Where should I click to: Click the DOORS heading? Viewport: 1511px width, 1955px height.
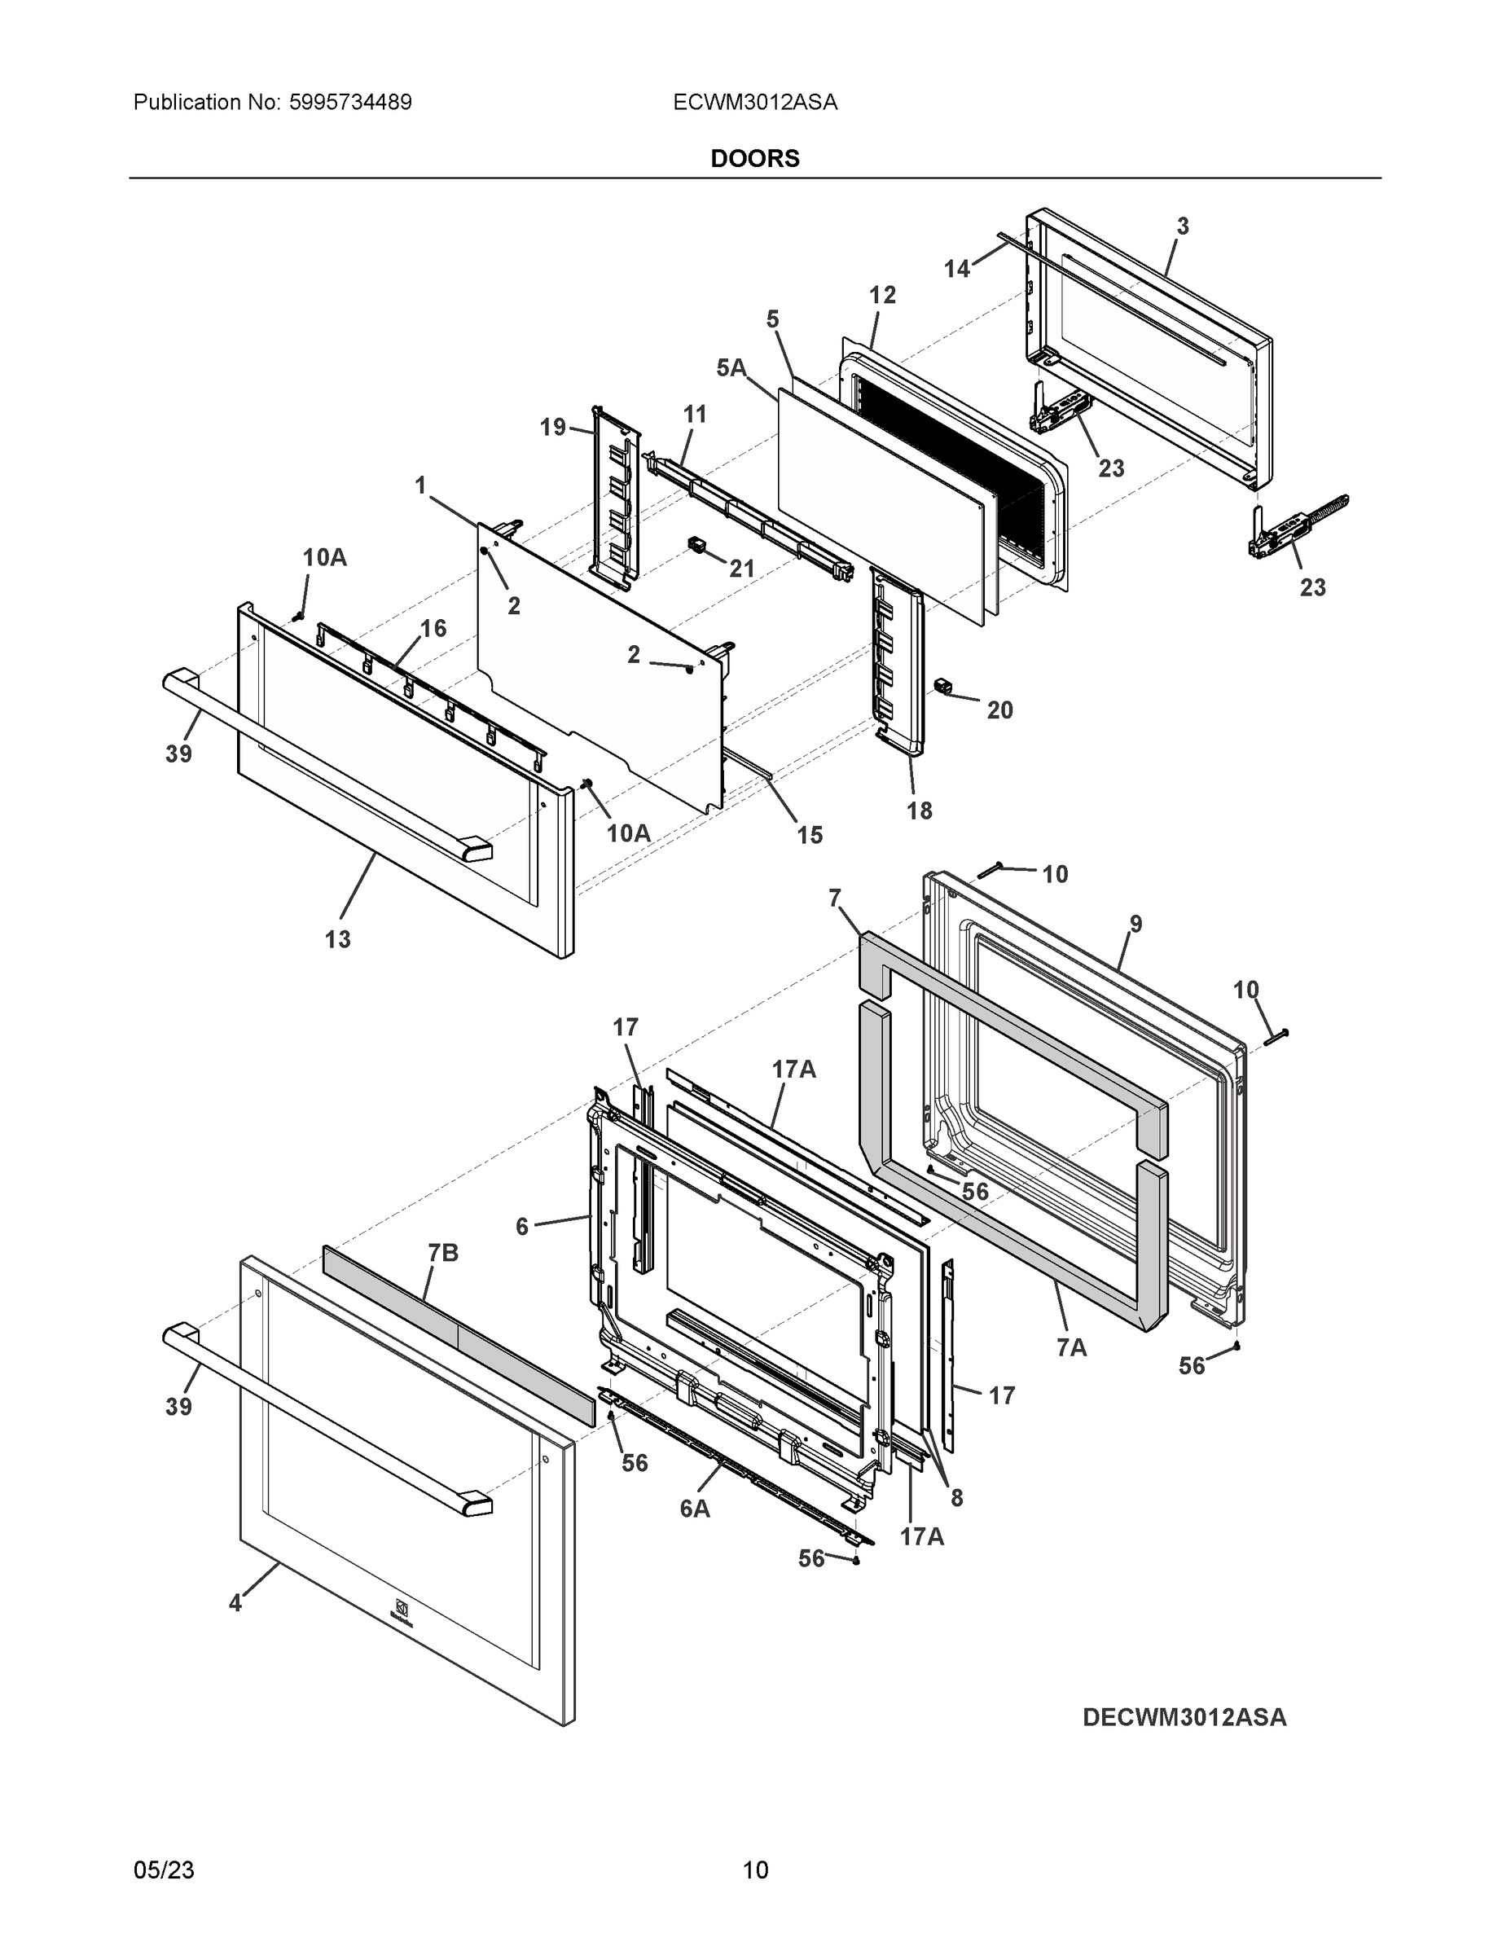754,159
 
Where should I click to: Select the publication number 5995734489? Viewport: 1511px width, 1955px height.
350,103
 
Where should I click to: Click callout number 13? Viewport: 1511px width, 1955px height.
337,939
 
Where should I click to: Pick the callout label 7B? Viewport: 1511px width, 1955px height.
443,1253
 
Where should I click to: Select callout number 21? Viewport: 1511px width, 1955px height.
742,569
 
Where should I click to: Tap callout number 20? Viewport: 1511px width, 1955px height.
1000,710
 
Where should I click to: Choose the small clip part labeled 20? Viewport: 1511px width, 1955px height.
942,686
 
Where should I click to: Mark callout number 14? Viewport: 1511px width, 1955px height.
957,269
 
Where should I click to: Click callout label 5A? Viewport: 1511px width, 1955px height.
731,368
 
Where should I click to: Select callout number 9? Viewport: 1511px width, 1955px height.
1135,924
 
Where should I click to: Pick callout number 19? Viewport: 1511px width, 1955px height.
552,427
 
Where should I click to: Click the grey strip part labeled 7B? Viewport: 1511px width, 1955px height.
456,1329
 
